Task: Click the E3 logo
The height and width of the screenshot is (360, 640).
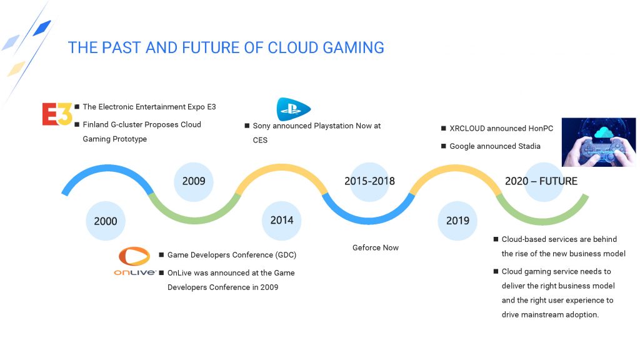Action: (x=57, y=114)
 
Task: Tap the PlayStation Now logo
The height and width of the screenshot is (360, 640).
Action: (x=294, y=109)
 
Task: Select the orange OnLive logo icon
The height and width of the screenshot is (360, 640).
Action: (x=134, y=256)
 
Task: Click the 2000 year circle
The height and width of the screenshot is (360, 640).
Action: (x=105, y=221)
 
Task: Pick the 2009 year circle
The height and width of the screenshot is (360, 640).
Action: (x=194, y=181)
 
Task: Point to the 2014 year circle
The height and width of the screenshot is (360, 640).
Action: (x=282, y=221)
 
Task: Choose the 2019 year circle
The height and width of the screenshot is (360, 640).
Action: (x=457, y=221)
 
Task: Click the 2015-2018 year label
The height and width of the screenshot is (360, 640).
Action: (x=370, y=181)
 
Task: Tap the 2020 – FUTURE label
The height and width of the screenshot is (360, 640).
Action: (x=541, y=181)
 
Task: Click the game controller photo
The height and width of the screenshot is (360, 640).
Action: (x=599, y=142)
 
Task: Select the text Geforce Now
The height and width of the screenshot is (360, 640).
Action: (x=376, y=247)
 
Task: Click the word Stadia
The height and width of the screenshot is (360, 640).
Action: (x=529, y=146)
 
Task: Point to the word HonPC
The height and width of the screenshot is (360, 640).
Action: (x=541, y=128)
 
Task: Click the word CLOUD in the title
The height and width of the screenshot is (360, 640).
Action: (x=293, y=47)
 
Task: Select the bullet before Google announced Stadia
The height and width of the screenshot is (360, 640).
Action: (x=444, y=146)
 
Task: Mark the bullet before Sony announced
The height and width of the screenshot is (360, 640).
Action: (x=247, y=126)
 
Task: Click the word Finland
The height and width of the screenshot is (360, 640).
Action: (x=96, y=124)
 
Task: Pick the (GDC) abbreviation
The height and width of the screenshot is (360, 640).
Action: (x=286, y=255)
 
